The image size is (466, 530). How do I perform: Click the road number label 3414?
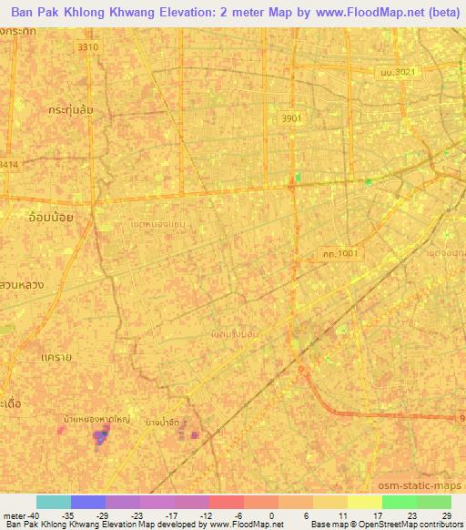click(x=8, y=165)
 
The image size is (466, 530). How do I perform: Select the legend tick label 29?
click(x=445, y=515)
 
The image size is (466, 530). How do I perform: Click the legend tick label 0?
click(x=272, y=515)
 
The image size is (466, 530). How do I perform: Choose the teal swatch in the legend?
click(x=54, y=502)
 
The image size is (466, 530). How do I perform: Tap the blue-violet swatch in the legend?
click(x=88, y=502)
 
